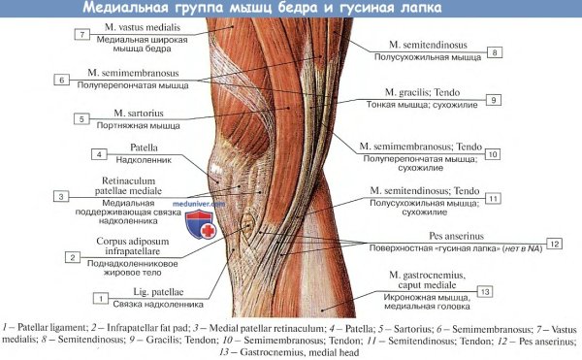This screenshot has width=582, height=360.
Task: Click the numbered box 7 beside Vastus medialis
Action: (x=83, y=35)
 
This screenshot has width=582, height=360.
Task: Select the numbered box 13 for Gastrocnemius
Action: (x=485, y=291)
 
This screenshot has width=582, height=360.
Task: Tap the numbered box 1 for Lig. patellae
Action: (x=100, y=298)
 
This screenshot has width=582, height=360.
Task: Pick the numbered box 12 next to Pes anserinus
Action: (x=554, y=243)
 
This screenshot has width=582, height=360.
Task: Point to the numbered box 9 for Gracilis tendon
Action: (x=493, y=100)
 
